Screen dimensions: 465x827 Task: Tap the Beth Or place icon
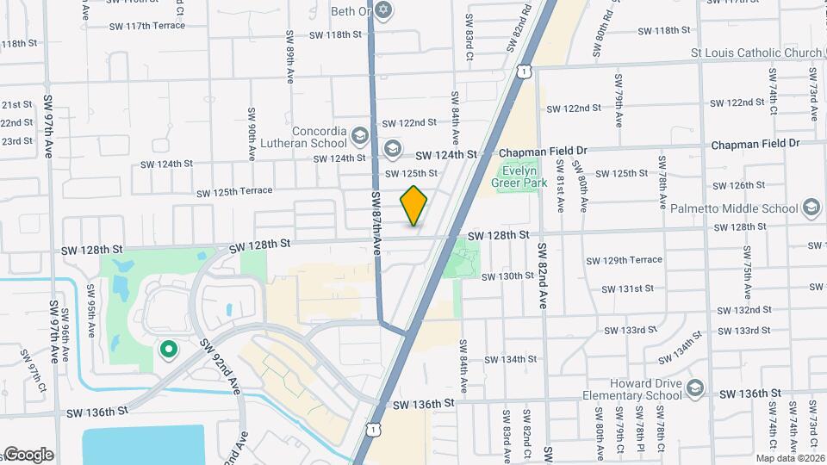[x=384, y=11]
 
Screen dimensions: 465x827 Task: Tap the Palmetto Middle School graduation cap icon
[x=810, y=208]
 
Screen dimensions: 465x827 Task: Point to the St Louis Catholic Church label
[x=757, y=53]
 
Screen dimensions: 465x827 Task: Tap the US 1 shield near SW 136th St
[x=371, y=428]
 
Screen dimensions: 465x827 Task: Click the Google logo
[x=28, y=455]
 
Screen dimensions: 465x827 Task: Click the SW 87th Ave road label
[x=376, y=222]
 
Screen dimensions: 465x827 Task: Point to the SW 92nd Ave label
[x=221, y=365]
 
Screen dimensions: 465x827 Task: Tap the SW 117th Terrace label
[x=147, y=26]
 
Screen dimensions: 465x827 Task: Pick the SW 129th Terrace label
[x=624, y=260]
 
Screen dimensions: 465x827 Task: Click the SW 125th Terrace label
[x=234, y=191]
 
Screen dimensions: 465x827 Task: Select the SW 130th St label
[x=508, y=276]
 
